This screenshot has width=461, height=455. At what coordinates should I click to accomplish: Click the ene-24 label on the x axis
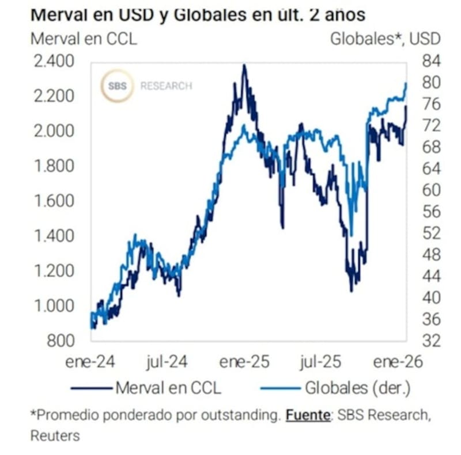pos(90,362)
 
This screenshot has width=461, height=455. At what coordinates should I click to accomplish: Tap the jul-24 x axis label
pos(167,362)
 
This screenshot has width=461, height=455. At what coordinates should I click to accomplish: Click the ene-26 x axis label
pos(398,362)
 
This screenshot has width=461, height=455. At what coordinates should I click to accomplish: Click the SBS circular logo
pos(118,86)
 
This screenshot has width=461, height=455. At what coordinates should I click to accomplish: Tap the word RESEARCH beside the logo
pos(166,86)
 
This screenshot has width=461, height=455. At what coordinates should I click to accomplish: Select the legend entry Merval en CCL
pos(168,388)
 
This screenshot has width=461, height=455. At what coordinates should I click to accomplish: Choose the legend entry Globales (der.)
pos(357,388)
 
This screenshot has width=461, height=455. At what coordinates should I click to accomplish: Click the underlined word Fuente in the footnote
pos(308,414)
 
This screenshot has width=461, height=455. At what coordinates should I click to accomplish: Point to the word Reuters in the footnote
pos(55,435)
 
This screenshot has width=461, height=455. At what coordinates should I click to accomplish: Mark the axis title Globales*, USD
pos(385,39)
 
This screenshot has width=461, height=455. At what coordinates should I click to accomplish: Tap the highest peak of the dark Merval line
pos(244,66)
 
